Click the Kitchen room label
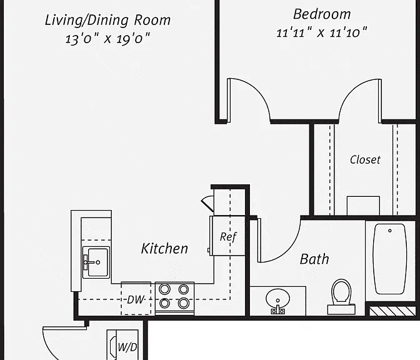pos(164,249)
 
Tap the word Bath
pos(314,259)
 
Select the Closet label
pos(365,159)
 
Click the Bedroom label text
pos(322,14)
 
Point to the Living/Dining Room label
pos(107,21)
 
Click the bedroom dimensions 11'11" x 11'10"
pos(321,32)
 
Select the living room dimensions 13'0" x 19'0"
pos(107,39)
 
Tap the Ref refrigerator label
pos(228,237)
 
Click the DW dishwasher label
pos(136,299)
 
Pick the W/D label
pos(127,347)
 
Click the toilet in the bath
pos(341,297)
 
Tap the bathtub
pos(390,259)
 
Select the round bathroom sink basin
pos(277,298)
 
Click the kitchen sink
pos(96,262)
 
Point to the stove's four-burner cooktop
pos(174,296)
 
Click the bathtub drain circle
pos(390,231)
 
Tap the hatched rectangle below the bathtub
pos(392,311)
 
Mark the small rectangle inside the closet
pos(363,206)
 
